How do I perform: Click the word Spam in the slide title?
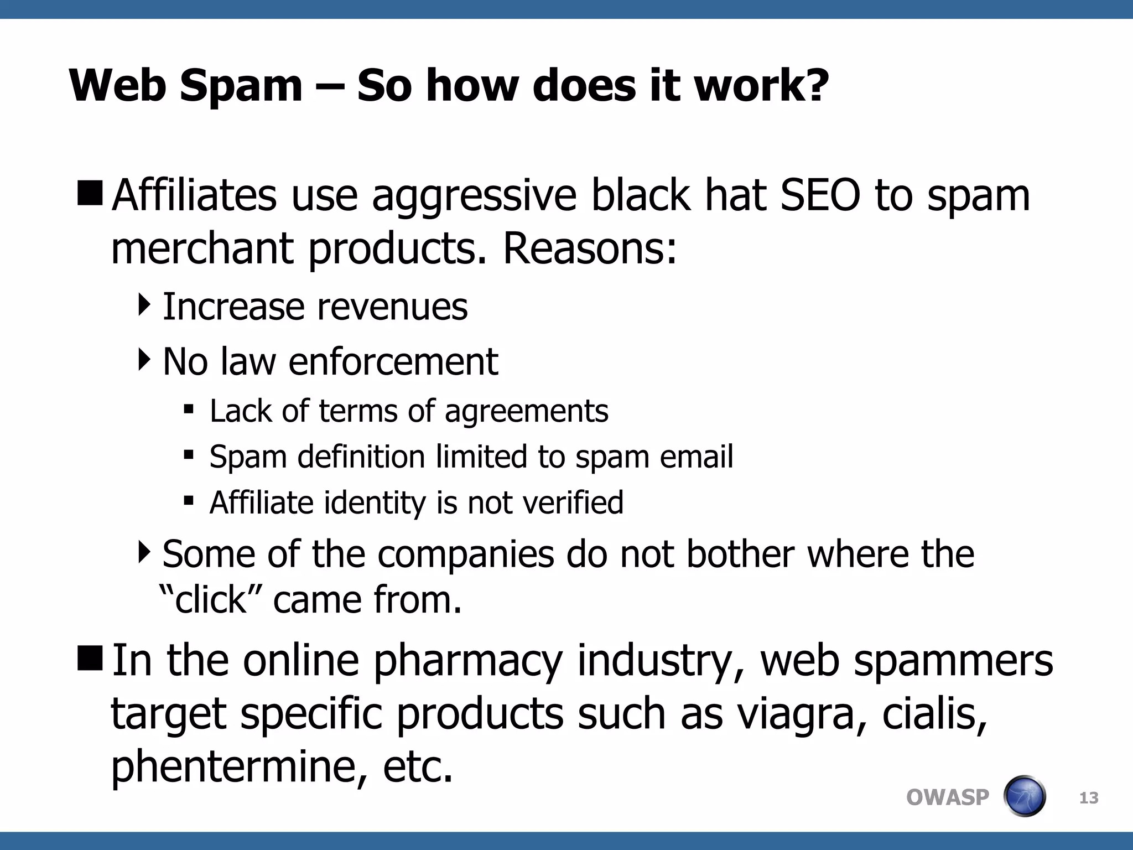(241, 87)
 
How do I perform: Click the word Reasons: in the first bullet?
(589, 249)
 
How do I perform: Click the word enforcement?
(393, 362)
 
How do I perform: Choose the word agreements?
(526, 412)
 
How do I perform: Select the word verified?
(573, 503)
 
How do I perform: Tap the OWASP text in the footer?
(947, 797)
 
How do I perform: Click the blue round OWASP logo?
(1025, 796)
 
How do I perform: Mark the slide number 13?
(1089, 798)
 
